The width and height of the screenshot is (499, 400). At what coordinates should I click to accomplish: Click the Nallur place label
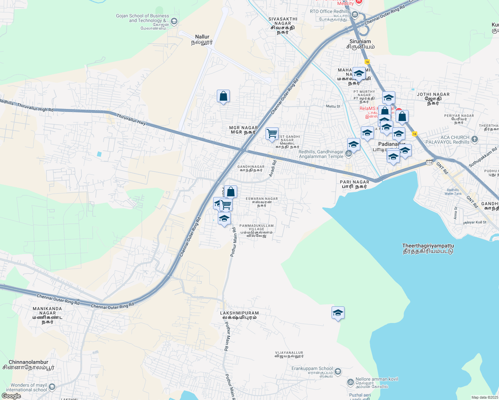coord(202,39)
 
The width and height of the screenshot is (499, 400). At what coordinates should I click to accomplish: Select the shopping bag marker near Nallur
coord(223,96)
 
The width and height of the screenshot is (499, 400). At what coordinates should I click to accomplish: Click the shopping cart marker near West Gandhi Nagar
coord(272,134)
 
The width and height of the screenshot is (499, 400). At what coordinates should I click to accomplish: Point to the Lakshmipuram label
coord(239,315)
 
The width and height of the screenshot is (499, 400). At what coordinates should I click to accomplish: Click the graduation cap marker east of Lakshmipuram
coord(338,313)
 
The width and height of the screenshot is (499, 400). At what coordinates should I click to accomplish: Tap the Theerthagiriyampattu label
coord(428,248)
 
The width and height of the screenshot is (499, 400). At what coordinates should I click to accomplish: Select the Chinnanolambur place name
coord(28,365)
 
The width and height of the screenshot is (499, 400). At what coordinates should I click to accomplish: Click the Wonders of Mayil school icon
coord(52,387)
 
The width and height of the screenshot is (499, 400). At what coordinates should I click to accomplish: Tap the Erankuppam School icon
coord(338,371)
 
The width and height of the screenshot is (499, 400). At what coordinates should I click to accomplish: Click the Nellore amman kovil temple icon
coord(351,382)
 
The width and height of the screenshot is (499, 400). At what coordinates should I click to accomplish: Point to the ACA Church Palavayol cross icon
coord(475,139)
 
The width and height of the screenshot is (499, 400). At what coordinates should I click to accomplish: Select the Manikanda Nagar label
coord(47,313)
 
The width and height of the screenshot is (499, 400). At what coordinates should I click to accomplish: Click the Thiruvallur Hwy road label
coord(131,119)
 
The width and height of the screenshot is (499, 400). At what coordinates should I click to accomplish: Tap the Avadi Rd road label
coord(273,169)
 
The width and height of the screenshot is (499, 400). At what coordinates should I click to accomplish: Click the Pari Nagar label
coord(354,184)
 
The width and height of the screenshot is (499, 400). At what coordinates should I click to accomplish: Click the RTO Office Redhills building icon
coord(355,15)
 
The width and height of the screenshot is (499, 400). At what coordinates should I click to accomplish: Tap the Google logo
coord(11,396)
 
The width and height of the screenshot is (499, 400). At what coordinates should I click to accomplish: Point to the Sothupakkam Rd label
coord(483,157)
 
